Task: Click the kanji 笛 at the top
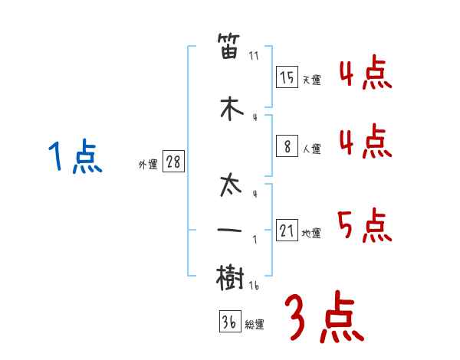[x=228, y=46]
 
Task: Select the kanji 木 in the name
[x=232, y=108]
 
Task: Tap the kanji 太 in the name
[x=231, y=185]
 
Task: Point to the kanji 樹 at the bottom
[x=230, y=277]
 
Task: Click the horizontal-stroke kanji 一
[x=229, y=230]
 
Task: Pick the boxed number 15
[x=287, y=77]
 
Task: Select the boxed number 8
[x=287, y=146]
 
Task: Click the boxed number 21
[x=287, y=230]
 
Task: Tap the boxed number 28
[x=173, y=161]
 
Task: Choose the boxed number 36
[x=230, y=321]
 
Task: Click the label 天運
[x=311, y=80]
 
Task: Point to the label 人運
[x=311, y=149]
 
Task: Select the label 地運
[x=311, y=233]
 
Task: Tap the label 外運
[x=148, y=165]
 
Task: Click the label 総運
[x=254, y=324]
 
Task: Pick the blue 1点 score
[x=75, y=155]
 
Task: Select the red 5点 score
[x=364, y=225]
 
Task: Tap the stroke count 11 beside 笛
[x=254, y=56]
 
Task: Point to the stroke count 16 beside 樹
[x=254, y=286]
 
